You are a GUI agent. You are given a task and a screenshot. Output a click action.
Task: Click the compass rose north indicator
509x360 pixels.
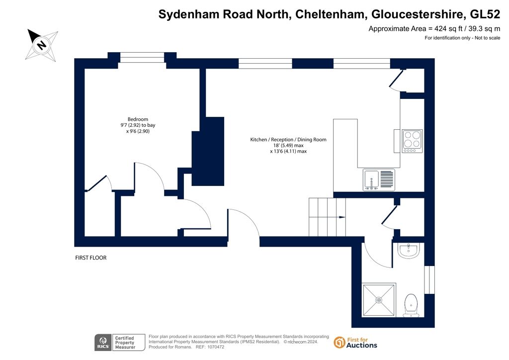click(42, 45)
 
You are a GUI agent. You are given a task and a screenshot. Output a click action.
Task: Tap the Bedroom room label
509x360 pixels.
click(138, 119)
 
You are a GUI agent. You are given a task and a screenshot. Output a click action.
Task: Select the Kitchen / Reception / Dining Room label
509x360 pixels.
click(288, 140)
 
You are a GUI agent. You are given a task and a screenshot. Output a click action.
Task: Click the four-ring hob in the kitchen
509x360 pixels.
click(412, 141)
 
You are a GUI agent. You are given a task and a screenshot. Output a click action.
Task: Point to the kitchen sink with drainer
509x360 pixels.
click(379, 180)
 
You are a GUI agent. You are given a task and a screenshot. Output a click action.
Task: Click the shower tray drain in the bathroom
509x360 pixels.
click(378, 300)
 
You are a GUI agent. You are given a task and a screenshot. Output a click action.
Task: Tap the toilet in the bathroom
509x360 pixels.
click(411, 305)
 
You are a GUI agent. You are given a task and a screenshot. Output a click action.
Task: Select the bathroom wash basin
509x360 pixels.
click(409, 251)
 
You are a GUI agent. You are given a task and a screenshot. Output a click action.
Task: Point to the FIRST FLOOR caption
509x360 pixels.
click(91, 258)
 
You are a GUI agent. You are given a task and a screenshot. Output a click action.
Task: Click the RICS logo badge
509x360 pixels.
click(103, 343)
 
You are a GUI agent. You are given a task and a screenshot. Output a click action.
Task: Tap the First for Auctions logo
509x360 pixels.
click(355, 343)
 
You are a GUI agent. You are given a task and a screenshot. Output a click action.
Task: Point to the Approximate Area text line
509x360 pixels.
click(434, 28)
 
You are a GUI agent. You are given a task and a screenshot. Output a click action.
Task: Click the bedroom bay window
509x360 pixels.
click(142, 58)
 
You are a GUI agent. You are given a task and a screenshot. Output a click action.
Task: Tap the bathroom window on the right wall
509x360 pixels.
click(429, 280)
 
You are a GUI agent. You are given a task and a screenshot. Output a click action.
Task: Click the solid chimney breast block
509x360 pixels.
click(208, 151)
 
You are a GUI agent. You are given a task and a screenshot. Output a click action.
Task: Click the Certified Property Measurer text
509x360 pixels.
click(125, 343)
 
